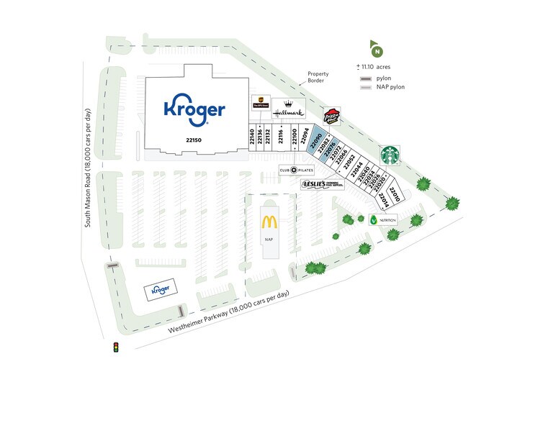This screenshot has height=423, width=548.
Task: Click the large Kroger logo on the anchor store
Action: pos(194,109)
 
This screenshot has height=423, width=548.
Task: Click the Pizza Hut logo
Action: pos(331,117)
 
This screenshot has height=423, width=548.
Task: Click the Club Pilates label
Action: pos(297,170)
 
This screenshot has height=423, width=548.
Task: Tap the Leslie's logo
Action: pos(322,184)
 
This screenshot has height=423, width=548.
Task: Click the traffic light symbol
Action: pos(114,348)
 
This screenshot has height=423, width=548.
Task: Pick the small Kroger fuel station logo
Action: pos(159,290)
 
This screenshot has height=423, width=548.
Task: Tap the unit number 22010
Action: pos(395,190)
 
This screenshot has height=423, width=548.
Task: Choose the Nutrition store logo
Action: pos(382,220)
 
